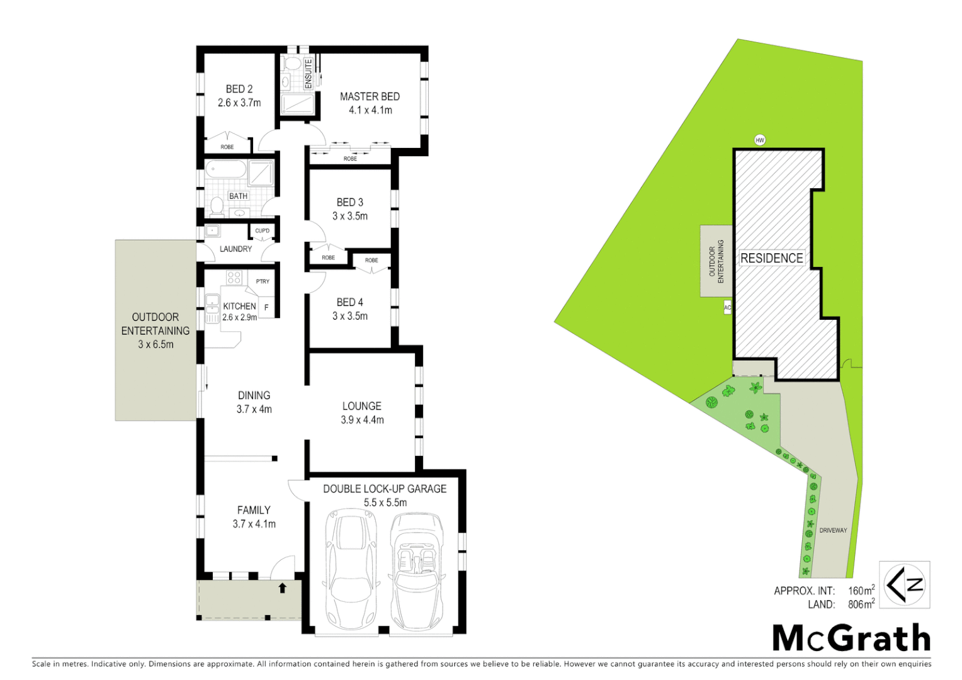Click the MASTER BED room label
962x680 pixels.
point(370,96)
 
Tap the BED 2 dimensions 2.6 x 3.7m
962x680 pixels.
point(239,103)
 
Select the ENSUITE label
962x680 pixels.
point(308,73)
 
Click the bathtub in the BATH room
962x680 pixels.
point(225,170)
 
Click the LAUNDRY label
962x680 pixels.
point(235,249)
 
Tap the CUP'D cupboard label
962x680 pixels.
point(262,231)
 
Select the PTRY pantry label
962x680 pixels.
point(263,281)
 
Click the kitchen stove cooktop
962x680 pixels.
point(234,278)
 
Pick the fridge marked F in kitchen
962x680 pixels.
point(266,308)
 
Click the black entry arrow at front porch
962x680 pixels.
point(282,588)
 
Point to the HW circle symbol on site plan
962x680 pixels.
point(760,140)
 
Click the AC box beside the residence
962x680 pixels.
point(728,308)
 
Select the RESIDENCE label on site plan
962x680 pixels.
point(771,258)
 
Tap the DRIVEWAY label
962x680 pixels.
point(833,530)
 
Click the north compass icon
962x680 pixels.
point(904,585)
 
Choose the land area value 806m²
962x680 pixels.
point(861,604)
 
